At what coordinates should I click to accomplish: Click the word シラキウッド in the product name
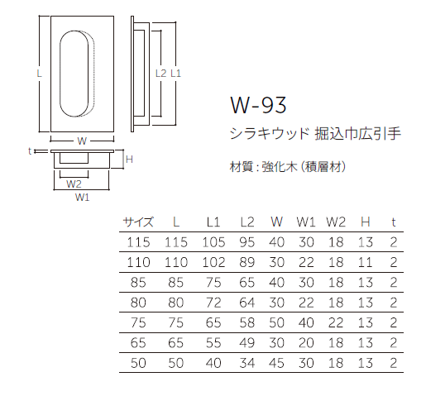(x=269, y=132)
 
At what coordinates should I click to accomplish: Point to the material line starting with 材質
(x=285, y=166)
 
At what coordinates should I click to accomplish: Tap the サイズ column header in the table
(x=139, y=222)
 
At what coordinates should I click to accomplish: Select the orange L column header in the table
(x=176, y=222)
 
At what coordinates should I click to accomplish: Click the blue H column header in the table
(x=365, y=222)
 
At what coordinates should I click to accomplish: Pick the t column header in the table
(x=393, y=222)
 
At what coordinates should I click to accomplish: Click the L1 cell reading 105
(x=213, y=241)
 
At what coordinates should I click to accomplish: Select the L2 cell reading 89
(x=247, y=262)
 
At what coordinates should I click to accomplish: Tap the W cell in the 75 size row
(x=276, y=322)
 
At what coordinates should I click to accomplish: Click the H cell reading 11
(x=365, y=262)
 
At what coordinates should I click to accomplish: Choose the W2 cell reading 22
(x=335, y=322)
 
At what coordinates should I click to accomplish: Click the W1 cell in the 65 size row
(x=306, y=342)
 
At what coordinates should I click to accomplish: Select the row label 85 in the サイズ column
(x=139, y=282)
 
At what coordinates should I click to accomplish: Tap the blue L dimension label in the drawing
(x=39, y=73)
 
